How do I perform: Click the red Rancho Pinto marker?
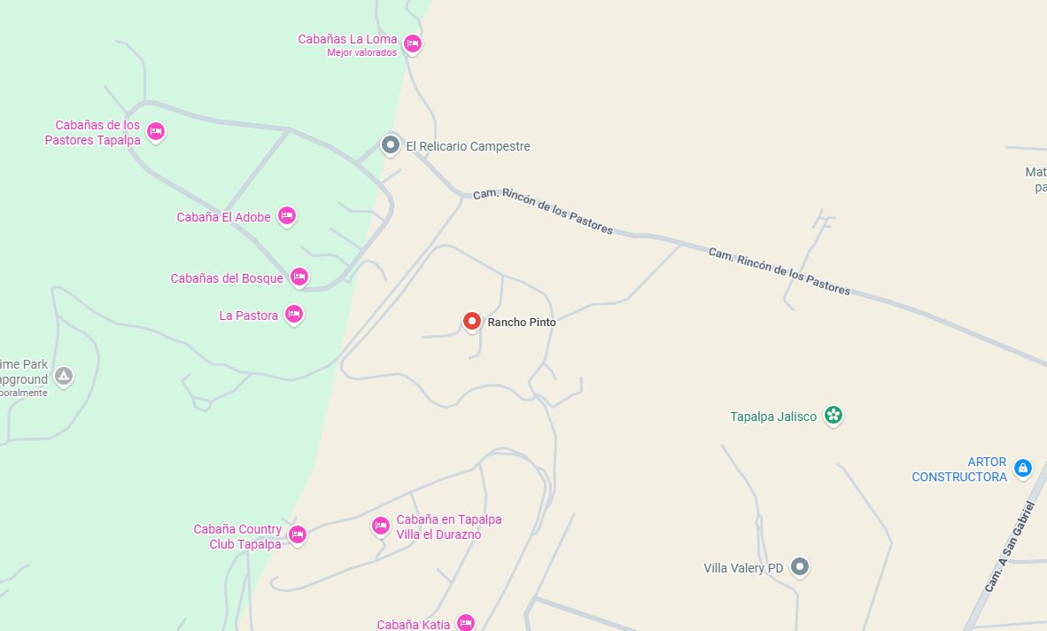472,321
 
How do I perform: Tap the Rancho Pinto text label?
522,323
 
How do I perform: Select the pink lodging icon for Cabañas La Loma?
412,43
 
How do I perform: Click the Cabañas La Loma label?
347,39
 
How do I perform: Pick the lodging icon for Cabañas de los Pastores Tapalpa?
156,132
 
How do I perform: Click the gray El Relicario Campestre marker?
391,144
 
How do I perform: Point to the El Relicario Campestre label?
468,146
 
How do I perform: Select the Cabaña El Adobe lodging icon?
286,215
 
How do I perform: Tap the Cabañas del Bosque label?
227,278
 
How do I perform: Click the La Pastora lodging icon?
294,314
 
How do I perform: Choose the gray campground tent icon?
64,376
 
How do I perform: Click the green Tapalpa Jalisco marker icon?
833,415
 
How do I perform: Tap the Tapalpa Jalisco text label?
773,417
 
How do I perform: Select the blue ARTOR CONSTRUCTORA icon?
1022,467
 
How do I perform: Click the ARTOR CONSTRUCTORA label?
959,470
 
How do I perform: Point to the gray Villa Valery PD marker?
800,566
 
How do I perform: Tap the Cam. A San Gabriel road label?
1010,547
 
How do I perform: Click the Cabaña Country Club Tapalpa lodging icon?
298,534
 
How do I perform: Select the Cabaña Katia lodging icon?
465,623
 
